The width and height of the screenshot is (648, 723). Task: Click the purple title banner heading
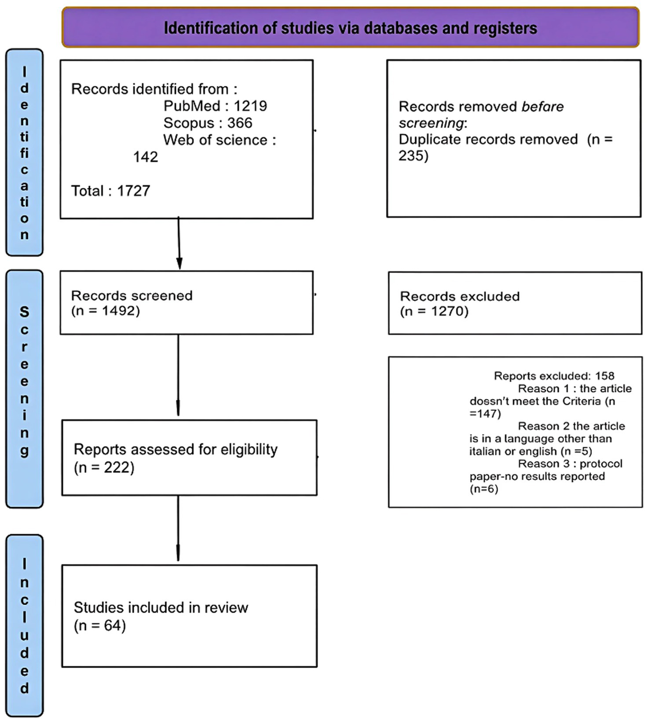pyautogui.click(x=350, y=28)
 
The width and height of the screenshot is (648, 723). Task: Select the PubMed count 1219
pyautogui.click(x=250, y=106)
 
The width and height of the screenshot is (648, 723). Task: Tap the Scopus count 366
pyautogui.click(x=240, y=123)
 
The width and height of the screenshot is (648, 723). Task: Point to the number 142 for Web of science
pyautogui.click(x=145, y=157)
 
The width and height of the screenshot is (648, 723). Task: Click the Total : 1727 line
pyautogui.click(x=110, y=191)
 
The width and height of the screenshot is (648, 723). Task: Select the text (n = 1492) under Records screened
pyautogui.click(x=105, y=311)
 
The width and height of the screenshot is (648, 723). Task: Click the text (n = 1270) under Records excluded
pyautogui.click(x=434, y=311)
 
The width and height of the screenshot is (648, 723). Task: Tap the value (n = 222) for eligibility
pyautogui.click(x=104, y=467)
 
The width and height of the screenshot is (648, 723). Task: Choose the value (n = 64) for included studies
pyautogui.click(x=100, y=625)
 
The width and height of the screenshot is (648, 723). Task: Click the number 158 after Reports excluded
pyautogui.click(x=604, y=376)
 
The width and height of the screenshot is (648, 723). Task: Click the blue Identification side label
pyautogui.click(x=24, y=152)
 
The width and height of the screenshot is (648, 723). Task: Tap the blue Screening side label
pyautogui.click(x=24, y=389)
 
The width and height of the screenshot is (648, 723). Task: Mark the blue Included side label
pyautogui.click(x=24, y=625)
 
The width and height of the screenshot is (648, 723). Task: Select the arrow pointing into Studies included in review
pyautogui.click(x=178, y=528)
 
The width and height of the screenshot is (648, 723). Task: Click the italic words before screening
pyautogui.click(x=481, y=115)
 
